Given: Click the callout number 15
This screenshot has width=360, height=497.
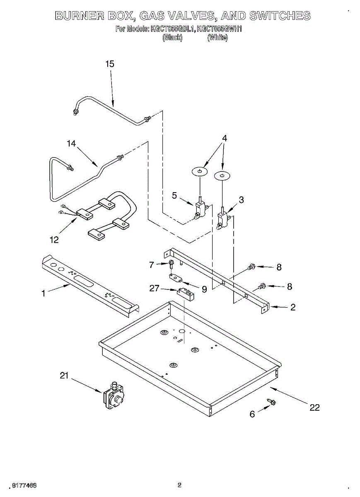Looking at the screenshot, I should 110,64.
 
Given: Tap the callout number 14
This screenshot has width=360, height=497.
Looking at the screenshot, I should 72,144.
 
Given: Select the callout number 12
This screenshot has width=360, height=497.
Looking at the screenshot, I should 54,240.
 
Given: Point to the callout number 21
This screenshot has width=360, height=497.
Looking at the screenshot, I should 64,376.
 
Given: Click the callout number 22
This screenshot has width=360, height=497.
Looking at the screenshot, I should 315,408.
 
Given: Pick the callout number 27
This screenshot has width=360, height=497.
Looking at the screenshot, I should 155,288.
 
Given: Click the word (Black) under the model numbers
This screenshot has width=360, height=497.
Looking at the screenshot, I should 172,38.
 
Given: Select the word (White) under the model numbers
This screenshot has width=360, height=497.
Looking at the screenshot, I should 217,38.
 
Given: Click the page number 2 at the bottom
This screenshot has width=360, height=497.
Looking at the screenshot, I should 179,485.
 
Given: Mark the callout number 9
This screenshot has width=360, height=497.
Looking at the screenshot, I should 204,290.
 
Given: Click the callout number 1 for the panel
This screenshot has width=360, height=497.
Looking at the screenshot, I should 43,294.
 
